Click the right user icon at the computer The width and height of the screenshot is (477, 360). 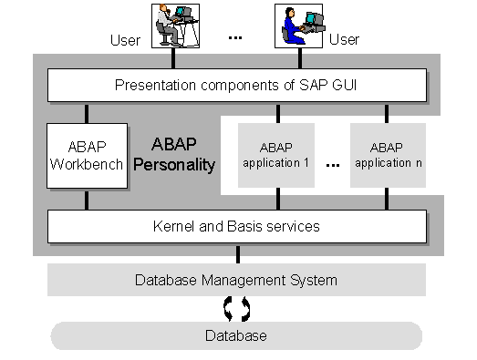[x=301, y=26]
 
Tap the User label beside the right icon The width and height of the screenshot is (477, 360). [x=344, y=40]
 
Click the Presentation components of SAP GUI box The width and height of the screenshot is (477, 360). [x=236, y=85]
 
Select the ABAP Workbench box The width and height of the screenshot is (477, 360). [x=87, y=156]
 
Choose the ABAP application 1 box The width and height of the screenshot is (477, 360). [x=275, y=155]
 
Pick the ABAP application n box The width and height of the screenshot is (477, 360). [x=388, y=155]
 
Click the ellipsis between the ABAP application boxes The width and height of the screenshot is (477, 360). [x=332, y=164]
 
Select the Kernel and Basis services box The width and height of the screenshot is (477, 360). [x=236, y=226]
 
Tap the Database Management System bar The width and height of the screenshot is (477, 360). [x=236, y=280]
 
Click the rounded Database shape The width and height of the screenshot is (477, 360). [x=236, y=335]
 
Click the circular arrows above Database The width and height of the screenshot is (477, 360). [x=237, y=309]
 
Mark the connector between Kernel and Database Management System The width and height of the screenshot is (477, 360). [x=237, y=254]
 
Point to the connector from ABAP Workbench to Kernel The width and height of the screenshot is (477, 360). [x=87, y=200]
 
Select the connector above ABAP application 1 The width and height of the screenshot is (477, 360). [x=275, y=113]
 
